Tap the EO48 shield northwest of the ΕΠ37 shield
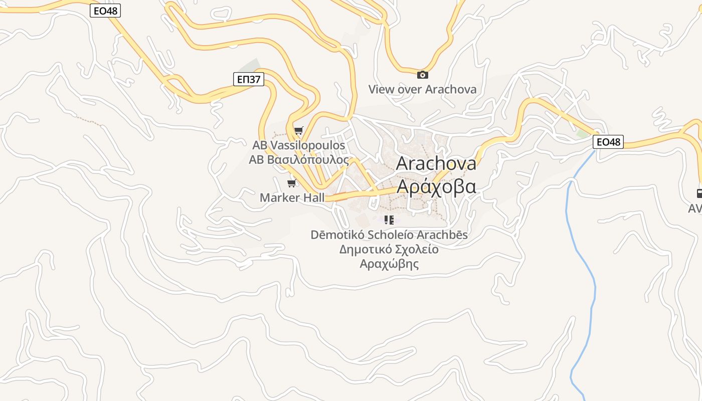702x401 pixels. click(x=105, y=11)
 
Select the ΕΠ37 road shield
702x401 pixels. click(x=249, y=79)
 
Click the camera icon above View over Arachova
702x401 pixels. click(x=423, y=75)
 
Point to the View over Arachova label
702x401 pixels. click(x=422, y=89)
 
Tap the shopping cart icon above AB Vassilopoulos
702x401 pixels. click(x=299, y=131)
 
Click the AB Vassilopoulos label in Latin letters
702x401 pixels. click(x=299, y=145)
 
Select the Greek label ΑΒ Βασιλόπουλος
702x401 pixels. click(x=299, y=159)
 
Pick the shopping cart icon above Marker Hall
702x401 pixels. click(x=292, y=183)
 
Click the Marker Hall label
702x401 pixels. click(x=292, y=197)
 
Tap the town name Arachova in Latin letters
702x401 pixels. click(x=436, y=163)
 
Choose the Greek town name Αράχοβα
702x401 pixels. click(x=436, y=186)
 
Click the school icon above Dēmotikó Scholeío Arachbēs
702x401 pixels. click(x=389, y=220)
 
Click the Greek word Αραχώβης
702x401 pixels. click(x=389, y=264)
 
